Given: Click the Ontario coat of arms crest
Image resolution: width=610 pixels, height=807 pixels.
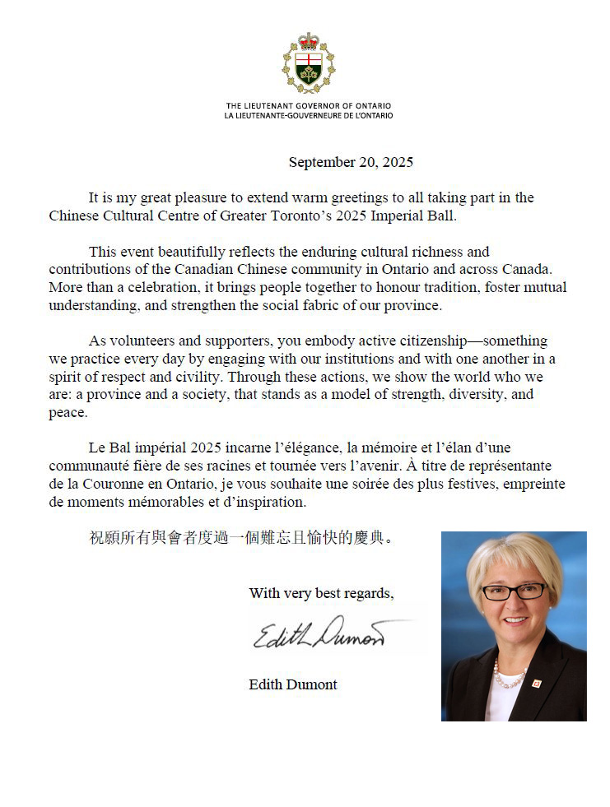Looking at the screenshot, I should coord(309,66).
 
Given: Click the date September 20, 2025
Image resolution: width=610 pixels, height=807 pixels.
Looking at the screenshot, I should coord(351,163).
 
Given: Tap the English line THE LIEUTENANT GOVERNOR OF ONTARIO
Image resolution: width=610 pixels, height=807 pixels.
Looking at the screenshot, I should coord(309,106).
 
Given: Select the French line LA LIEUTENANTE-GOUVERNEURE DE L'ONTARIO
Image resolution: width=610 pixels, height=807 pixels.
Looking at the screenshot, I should coord(309,115).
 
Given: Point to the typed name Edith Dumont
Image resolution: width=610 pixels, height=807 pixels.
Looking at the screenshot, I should coord(293,684).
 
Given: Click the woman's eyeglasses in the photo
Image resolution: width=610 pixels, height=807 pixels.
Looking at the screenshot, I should coord(514,591).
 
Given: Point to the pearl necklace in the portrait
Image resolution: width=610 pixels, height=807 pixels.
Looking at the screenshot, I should coord(510,679).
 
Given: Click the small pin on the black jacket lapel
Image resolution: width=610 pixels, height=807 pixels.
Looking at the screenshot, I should coord(535,683).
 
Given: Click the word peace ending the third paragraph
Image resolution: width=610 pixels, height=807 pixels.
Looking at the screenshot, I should coord(66,412).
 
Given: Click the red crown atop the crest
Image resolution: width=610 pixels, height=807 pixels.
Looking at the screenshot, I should coord(309,40).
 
